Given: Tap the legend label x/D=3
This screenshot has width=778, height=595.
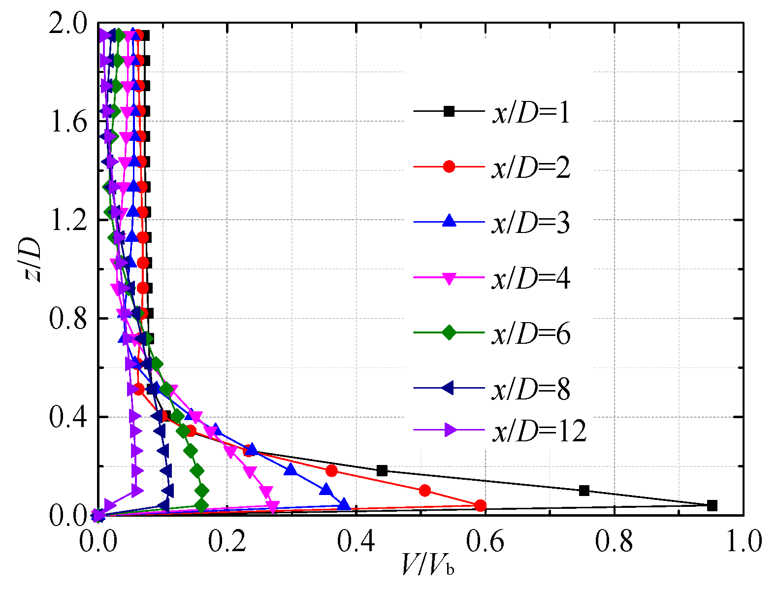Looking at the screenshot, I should (x=531, y=223).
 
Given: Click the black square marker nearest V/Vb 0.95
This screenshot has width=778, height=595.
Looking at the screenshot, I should (x=712, y=505).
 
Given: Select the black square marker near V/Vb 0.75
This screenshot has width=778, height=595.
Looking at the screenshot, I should (x=584, y=491).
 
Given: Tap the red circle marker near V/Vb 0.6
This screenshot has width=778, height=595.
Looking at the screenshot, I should (x=481, y=505).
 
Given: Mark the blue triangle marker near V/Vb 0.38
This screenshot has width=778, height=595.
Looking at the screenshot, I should (x=344, y=505).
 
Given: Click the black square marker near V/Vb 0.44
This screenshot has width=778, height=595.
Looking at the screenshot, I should (x=382, y=470).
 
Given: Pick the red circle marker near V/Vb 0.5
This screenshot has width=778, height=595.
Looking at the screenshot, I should (x=425, y=491).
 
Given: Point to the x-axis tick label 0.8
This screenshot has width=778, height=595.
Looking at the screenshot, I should (x=614, y=542).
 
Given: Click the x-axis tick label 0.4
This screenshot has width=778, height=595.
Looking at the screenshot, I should (x=356, y=542).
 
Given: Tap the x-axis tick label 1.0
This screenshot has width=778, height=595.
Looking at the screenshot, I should (x=743, y=542).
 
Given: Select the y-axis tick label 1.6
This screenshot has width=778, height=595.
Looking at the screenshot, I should (x=67, y=122).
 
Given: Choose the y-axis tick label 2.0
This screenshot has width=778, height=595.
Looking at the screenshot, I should (x=67, y=24).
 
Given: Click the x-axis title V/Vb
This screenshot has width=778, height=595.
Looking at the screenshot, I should (x=427, y=565).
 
